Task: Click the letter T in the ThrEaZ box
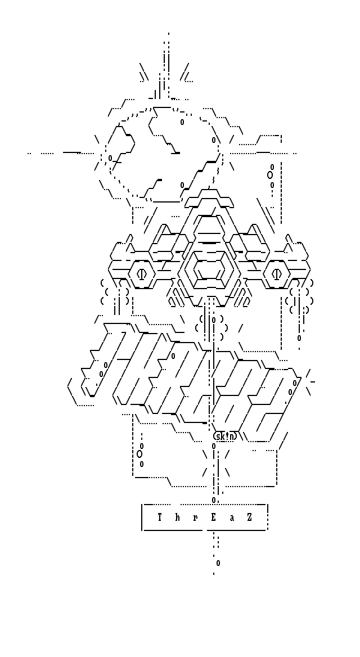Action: pos(160,517)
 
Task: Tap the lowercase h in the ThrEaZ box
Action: pos(178,517)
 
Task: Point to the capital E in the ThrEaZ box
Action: pos(214,517)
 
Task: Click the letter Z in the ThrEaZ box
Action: pos(250,517)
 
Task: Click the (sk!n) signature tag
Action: pos(225,436)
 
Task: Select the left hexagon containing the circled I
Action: pos(142,274)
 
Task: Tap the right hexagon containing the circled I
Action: pos(277,274)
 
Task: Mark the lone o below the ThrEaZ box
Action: pos(218,563)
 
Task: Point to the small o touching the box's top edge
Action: pos(214,500)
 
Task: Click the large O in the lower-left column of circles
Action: pos(139,454)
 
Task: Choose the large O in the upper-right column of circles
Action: pos(270,175)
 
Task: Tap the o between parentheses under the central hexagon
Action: pos(214,320)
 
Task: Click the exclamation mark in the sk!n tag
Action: pos(227,436)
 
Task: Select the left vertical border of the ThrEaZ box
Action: pos(142,517)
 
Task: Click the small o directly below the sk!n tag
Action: pos(214,446)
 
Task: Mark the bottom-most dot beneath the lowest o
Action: pos(214,574)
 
